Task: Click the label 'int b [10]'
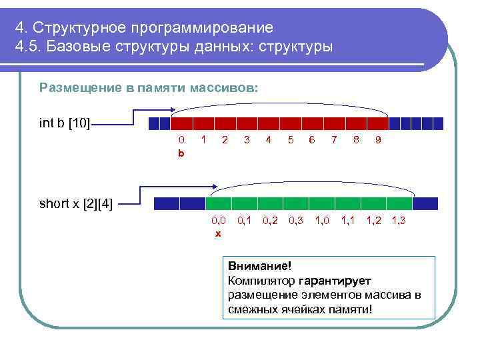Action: pyautogui.click(x=65, y=123)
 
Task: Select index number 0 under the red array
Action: pyautogui.click(x=181, y=140)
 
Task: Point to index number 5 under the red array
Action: pyautogui.click(x=290, y=140)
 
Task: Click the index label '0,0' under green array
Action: pyautogui.click(x=219, y=220)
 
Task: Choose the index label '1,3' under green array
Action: pyautogui.click(x=399, y=220)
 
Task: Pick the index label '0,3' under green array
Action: pyautogui.click(x=296, y=220)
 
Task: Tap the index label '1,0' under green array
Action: pyautogui.click(x=322, y=220)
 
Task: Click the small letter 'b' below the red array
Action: pyautogui.click(x=181, y=153)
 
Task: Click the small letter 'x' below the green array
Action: pyautogui.click(x=217, y=233)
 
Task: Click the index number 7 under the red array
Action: pyautogui.click(x=334, y=140)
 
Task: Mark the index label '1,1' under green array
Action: pyautogui.click(x=348, y=220)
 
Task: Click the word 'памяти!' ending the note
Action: pyautogui.click(x=351, y=310)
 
